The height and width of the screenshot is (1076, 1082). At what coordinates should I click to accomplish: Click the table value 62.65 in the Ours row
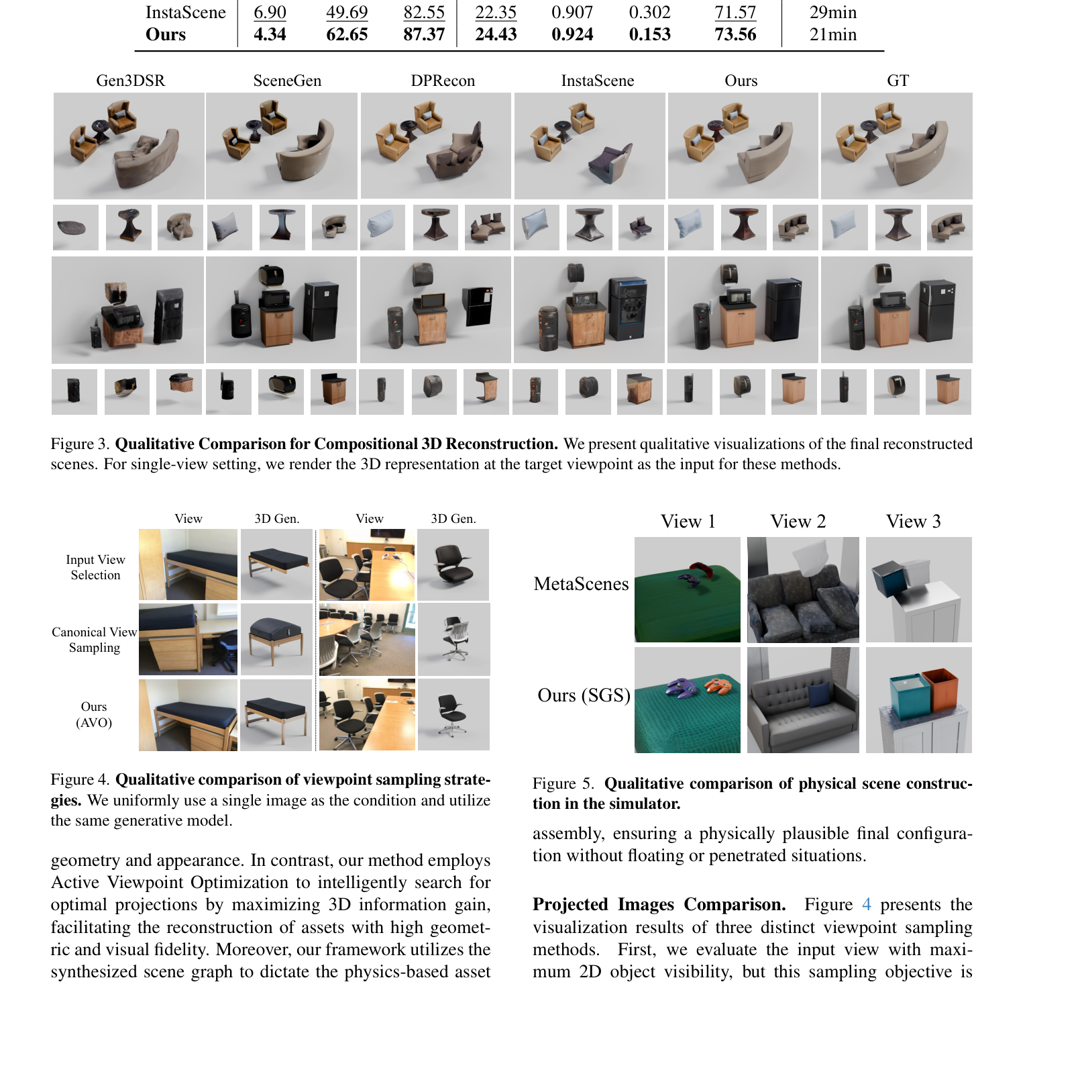(x=347, y=34)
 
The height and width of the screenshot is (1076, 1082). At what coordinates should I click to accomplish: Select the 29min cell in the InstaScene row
(x=832, y=12)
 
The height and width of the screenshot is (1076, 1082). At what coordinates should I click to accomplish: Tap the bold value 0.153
(x=649, y=34)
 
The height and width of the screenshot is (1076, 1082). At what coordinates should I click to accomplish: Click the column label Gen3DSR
(x=130, y=81)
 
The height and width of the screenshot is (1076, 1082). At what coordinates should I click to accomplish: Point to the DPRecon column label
(x=443, y=81)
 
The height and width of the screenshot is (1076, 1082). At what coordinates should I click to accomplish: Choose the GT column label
(x=898, y=81)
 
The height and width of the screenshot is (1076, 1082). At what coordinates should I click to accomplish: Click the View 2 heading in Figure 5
(x=798, y=522)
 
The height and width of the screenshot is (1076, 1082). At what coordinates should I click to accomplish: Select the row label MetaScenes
(x=581, y=584)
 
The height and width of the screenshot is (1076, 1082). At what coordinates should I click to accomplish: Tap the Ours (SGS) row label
(x=584, y=695)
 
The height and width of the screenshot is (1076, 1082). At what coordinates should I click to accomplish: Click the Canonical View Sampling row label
(x=94, y=640)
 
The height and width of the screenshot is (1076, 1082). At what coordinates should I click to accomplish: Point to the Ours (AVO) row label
(x=94, y=714)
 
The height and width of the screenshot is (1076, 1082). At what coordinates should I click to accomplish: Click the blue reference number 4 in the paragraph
(x=866, y=905)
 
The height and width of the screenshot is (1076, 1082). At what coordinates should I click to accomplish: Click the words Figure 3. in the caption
(x=80, y=444)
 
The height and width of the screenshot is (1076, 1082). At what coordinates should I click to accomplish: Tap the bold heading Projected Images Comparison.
(x=659, y=905)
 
